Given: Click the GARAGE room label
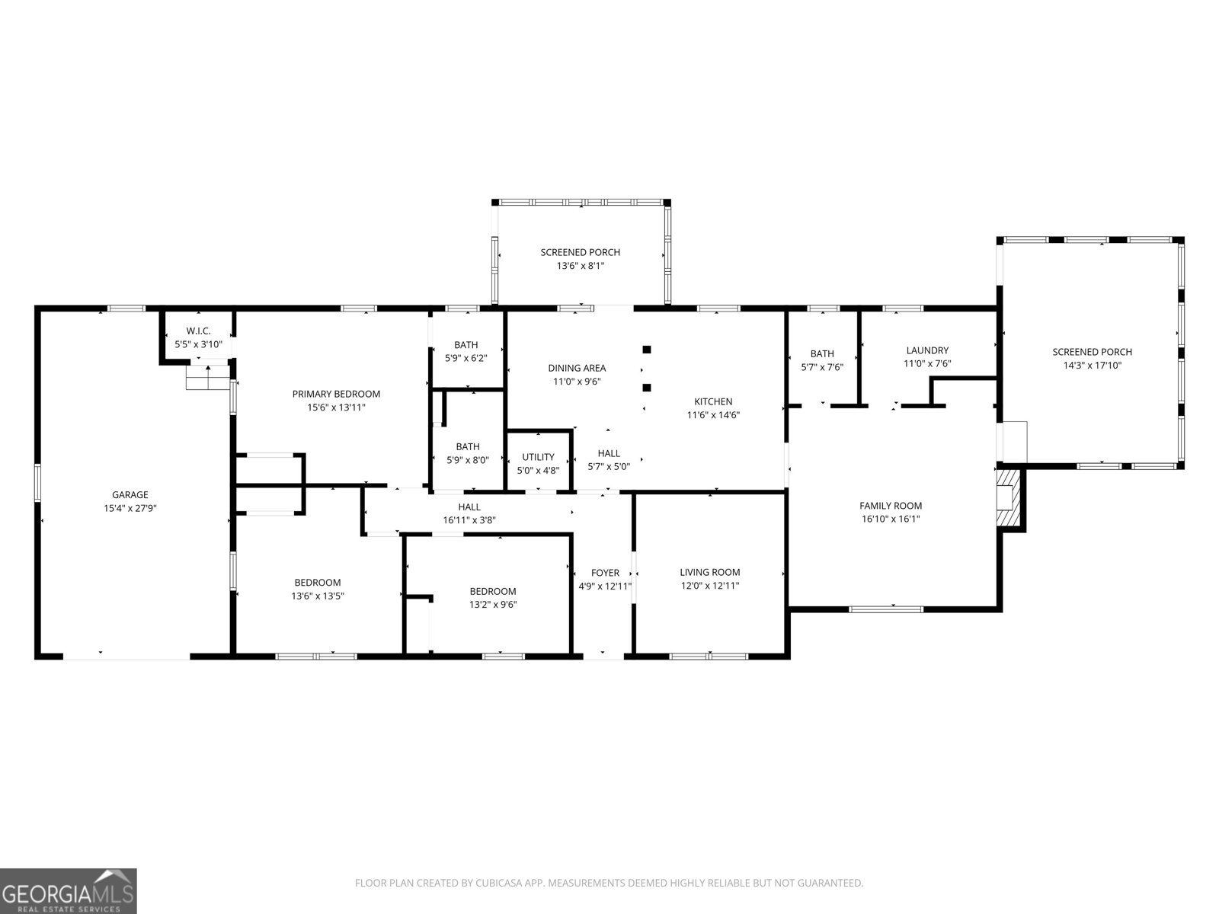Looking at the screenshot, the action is point(130,494).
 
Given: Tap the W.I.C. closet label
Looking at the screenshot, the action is point(198,331).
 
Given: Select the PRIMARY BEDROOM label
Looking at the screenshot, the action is point(336,394).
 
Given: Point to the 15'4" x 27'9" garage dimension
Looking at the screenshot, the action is point(130,508).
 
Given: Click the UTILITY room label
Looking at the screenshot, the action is point(538,457).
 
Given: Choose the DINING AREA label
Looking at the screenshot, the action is point(577,368).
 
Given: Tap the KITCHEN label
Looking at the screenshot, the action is point(713,401).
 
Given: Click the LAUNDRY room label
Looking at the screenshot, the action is point(927,350).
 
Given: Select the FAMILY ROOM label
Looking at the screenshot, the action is point(891,506).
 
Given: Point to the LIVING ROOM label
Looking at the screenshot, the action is point(710,572).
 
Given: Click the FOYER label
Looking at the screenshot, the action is point(606,573).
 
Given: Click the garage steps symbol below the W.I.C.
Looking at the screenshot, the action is point(208,377).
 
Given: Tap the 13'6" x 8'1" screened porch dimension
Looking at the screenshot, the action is point(581,266).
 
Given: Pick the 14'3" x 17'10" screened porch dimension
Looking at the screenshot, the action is point(1092,365).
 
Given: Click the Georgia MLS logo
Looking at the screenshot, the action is point(68,890).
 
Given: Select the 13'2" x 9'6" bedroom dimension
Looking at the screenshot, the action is point(493,605).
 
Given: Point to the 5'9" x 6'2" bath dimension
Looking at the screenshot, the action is point(466,359).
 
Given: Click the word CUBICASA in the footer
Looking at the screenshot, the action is point(498,883).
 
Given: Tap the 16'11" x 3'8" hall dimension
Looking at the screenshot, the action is point(469,520).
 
